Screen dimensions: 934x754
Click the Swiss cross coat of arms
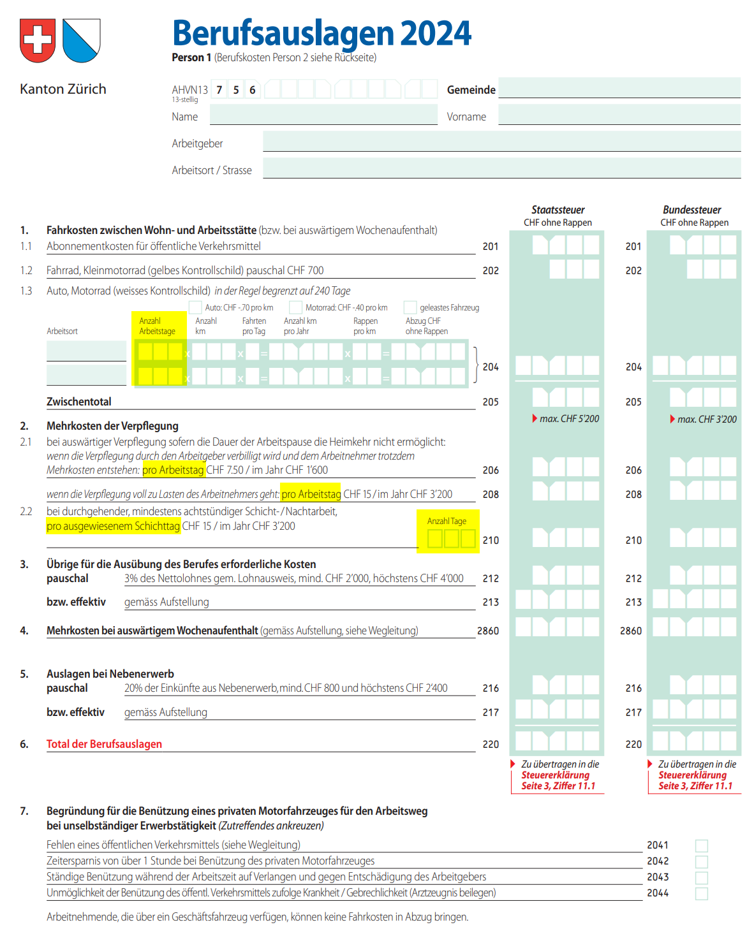38,40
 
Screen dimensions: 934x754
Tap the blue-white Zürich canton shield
82,40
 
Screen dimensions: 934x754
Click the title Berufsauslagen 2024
322,33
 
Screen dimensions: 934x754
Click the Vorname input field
619,115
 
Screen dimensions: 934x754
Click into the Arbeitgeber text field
501,142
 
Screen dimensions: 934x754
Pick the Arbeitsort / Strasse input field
501,168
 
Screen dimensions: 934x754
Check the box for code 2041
701,846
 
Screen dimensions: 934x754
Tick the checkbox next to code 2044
701,894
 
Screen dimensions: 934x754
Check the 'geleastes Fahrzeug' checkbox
410,307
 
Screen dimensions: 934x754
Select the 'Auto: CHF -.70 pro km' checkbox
195,307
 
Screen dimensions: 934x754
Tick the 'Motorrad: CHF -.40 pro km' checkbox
295,307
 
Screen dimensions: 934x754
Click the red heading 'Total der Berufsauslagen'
104,744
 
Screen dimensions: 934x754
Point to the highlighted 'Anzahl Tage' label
447,521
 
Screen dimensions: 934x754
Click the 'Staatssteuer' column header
558,210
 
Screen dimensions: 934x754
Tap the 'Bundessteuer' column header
691,210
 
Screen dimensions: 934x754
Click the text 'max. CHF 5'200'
569,419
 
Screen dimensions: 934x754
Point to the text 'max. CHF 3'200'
706,420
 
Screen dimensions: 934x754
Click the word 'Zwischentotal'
78,402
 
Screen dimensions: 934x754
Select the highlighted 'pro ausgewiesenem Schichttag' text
113,526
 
